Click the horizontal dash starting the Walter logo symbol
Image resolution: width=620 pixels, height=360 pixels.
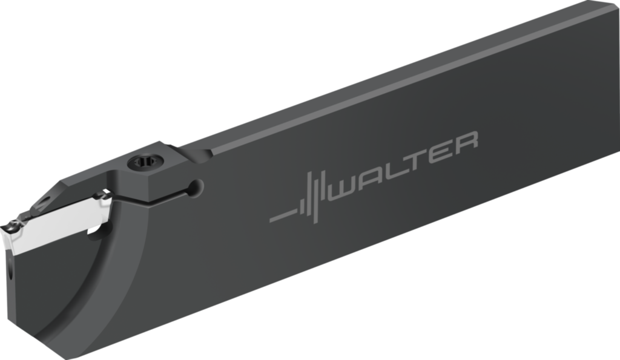283,216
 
